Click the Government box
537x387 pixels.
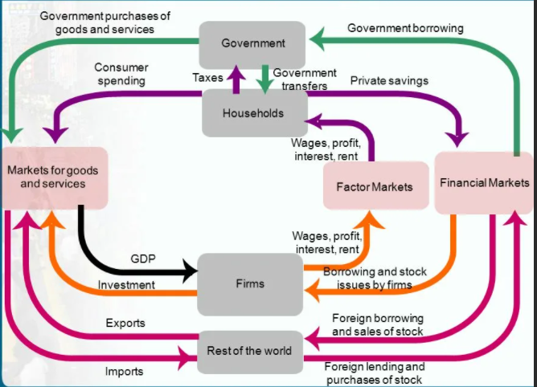point(252,43)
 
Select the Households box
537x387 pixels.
point(252,113)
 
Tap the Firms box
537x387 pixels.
point(250,283)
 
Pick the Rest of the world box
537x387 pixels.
point(250,351)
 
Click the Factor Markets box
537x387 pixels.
point(373,187)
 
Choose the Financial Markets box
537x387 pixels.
point(484,183)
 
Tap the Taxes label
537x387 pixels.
point(207,78)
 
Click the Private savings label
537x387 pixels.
point(389,80)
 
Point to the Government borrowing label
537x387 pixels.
point(405,28)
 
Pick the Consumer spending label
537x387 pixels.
point(121,75)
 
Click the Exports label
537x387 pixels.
point(125,323)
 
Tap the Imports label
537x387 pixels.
point(124,371)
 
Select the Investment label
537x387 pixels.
point(126,285)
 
